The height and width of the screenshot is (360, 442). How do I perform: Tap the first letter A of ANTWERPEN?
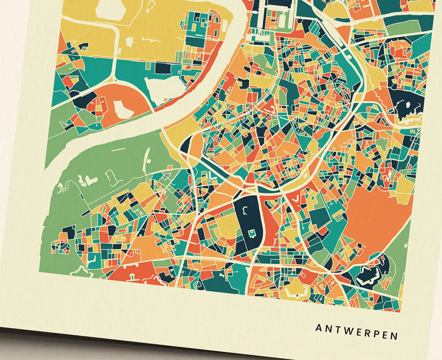[319, 328]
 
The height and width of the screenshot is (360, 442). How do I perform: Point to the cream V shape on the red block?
[295, 200]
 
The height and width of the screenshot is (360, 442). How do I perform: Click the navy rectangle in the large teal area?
[162, 68]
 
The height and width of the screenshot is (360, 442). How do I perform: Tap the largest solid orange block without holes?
[375, 220]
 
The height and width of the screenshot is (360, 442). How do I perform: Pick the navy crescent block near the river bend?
[187, 145]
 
